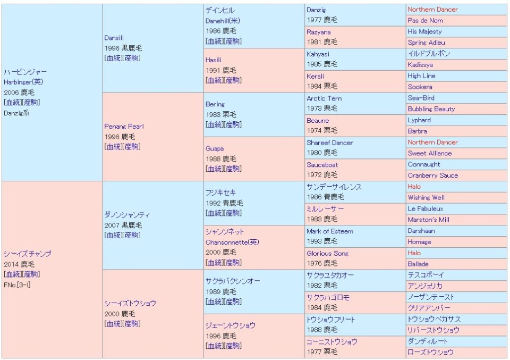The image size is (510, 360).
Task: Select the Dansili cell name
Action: coord(114,38)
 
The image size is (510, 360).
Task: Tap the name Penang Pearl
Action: coord(124,127)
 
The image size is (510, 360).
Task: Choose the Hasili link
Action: coord(214,60)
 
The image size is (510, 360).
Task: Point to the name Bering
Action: coord(215,104)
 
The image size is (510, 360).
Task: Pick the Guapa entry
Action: coord(215,148)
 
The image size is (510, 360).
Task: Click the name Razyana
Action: coord(318,32)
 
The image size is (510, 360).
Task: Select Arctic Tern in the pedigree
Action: coord(324,98)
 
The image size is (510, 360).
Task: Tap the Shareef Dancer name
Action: coord(329,143)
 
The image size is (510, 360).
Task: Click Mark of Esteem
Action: coord(329,231)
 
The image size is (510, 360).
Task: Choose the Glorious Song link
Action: coord(327,253)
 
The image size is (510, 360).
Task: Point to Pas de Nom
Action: coord(425,20)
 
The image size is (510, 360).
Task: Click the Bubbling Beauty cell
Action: coord(431,109)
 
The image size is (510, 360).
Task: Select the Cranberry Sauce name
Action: coord(432,175)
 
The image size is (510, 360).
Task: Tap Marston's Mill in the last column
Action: coord(428,220)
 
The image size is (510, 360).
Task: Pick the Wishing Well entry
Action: coord(426,197)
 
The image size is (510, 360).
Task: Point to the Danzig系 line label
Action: coord(16,113)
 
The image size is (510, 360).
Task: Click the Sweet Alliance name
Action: coord(430,153)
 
